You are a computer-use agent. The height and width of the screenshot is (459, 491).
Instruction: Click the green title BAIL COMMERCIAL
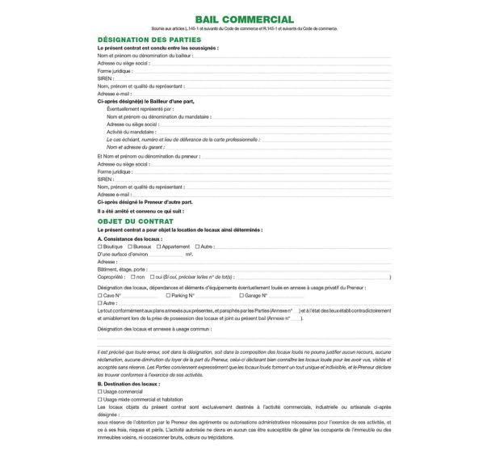coord(245,19)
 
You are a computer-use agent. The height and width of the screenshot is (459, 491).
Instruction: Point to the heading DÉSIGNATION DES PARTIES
coord(149,40)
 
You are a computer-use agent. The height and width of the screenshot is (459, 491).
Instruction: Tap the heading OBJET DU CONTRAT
coord(135,221)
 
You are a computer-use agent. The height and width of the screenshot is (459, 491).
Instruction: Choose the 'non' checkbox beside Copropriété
coord(132,277)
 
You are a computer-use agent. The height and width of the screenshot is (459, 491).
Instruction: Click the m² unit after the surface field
coord(189,255)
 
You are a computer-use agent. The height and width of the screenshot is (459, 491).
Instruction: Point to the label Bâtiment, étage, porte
coord(123,269)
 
